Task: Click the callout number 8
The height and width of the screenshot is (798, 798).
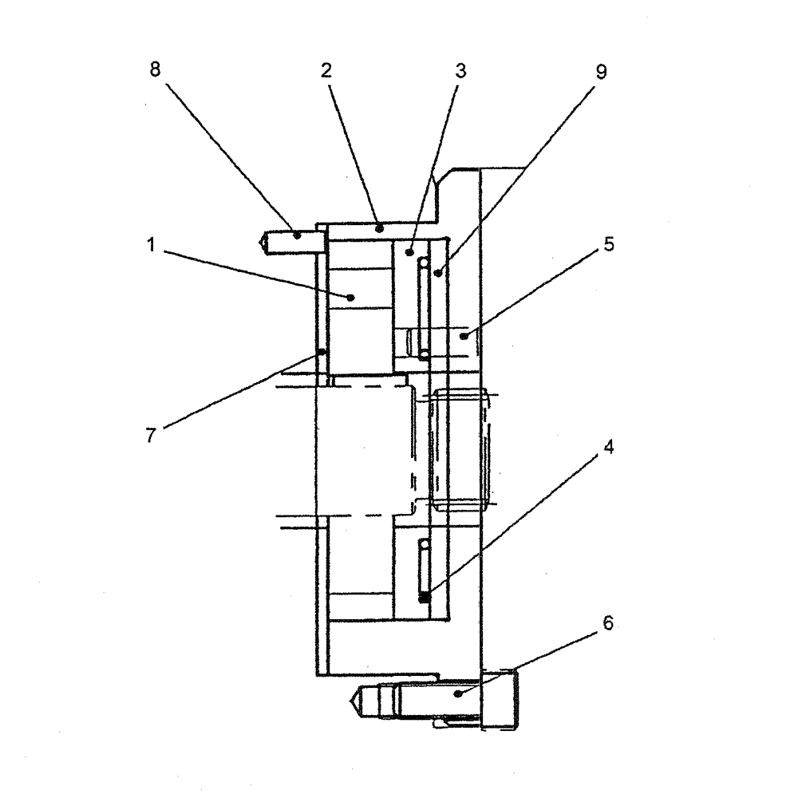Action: coord(155,69)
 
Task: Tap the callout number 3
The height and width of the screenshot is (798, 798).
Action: coord(461,70)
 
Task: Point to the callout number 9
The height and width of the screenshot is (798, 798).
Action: coord(602,73)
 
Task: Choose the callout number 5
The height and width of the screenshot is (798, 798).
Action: coord(608,245)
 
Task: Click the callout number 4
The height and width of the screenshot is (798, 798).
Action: coord(608,448)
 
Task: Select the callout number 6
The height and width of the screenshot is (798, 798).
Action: coord(608,624)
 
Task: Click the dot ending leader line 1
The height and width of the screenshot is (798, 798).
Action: coord(351,297)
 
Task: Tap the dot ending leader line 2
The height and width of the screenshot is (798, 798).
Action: coord(381,228)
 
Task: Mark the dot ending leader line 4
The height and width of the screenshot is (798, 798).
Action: coord(425,595)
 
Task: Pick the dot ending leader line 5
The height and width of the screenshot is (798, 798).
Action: coord(462,338)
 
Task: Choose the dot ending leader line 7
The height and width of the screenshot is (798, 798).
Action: coord(321,352)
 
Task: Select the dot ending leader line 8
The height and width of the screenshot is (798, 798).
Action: coord(297,235)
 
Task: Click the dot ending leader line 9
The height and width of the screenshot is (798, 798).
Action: coord(438,273)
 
